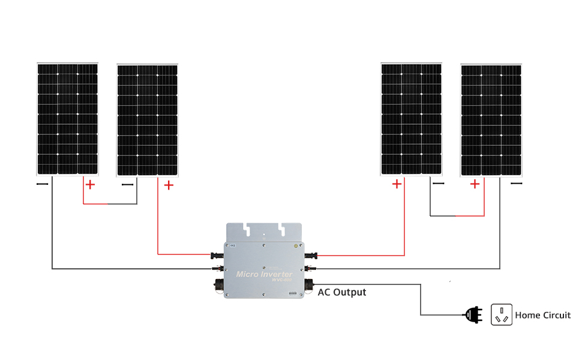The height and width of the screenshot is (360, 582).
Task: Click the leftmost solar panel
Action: [67, 119]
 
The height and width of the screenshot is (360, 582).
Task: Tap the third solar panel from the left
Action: [412, 119]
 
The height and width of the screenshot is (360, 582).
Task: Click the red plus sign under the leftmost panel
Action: [90, 184]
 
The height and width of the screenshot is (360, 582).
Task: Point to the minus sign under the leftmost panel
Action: [42, 184]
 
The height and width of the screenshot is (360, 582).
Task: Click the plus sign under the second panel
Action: [169, 185]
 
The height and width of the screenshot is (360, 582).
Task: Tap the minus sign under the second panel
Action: [127, 185]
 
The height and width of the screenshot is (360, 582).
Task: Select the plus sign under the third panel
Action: [397, 184]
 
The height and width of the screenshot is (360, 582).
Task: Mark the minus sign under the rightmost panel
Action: [516, 184]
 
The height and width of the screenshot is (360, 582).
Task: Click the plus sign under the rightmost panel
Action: [475, 184]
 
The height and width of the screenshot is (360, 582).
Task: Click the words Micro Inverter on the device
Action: [265, 274]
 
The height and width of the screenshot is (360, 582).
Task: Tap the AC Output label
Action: [341, 292]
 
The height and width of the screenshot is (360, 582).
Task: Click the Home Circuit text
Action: [543, 315]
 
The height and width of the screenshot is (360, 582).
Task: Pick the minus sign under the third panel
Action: [439, 184]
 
